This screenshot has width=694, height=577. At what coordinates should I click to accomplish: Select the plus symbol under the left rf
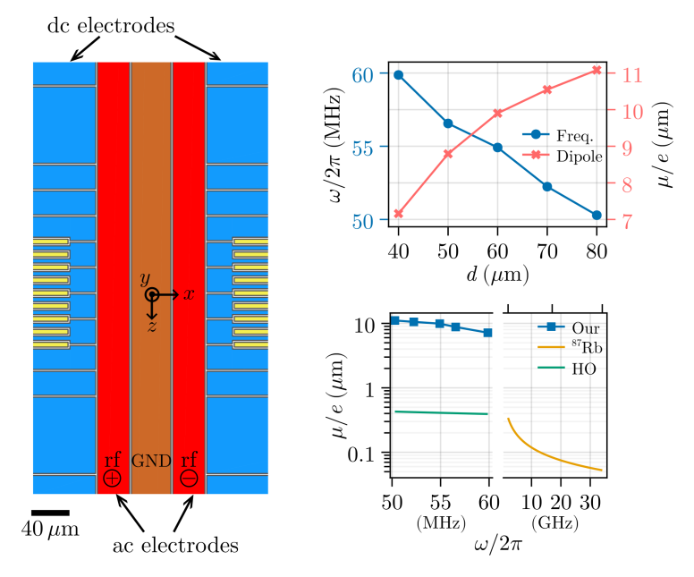[112, 479]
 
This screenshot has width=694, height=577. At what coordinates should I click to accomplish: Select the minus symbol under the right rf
[189, 479]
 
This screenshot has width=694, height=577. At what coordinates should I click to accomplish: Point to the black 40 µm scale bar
[50, 512]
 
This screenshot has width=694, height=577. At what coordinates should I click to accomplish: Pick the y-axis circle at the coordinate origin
[152, 294]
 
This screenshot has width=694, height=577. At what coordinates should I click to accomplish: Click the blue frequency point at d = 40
[398, 75]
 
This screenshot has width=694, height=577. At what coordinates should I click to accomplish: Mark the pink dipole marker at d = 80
[597, 70]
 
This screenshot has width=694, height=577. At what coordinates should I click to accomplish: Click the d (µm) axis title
[497, 270]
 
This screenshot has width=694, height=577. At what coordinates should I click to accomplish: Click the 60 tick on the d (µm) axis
[497, 247]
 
